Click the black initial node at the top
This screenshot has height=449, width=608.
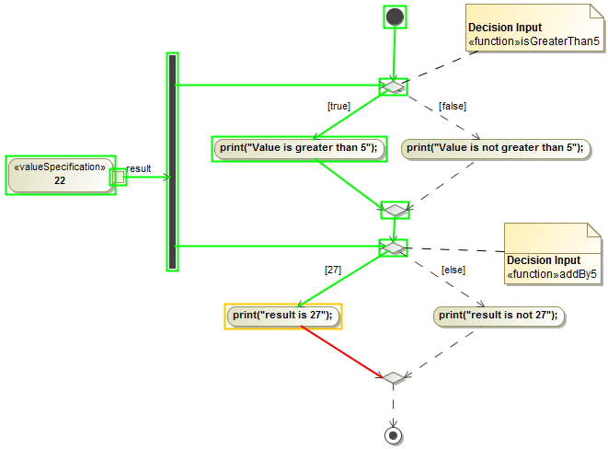pos(395,17)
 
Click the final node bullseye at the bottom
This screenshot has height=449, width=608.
pos(394,434)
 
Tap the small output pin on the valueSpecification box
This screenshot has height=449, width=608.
pos(118,177)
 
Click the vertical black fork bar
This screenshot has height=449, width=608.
pos(172,162)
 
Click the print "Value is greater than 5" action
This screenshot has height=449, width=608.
pos(299,147)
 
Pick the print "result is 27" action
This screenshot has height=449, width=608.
pos(283,316)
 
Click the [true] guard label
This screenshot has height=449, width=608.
pos(338,106)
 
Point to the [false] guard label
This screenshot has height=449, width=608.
pos(452,106)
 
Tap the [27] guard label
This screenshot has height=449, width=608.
pos(333,270)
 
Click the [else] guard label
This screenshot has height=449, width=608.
pos(453,270)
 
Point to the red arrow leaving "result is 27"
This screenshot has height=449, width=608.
pos(340,351)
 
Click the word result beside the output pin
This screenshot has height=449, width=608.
pos(139,168)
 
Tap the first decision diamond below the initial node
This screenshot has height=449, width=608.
pos(394,87)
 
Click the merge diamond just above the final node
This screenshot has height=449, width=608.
pos(394,378)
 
